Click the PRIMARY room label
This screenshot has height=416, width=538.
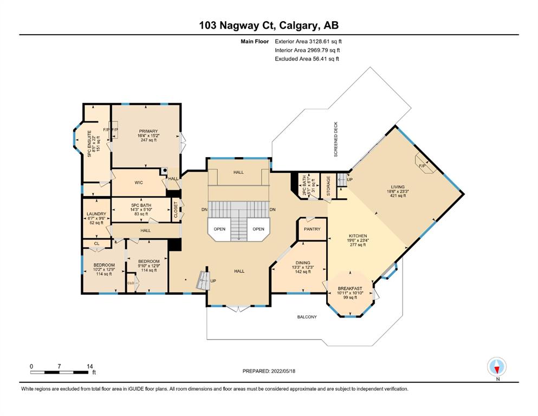148,131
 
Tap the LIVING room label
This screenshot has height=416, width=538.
398,187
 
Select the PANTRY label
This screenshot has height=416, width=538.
312,229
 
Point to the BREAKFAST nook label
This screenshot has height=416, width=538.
350,288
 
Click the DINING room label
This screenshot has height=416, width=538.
303,263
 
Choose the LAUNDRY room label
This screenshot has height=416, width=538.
96,213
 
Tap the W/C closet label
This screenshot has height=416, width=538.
139,183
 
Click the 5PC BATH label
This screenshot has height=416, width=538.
141,205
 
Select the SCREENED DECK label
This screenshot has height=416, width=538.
336,139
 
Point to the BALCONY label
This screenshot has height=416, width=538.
307,317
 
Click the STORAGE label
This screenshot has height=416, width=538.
328,186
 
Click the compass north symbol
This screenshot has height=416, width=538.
497,367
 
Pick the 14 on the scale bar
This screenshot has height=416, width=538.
90,366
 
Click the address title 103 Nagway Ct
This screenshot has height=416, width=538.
238,25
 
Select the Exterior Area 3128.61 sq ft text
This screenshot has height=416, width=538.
308,42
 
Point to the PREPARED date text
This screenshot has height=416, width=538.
269,371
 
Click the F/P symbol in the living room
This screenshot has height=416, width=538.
422,166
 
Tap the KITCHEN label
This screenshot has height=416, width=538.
358,236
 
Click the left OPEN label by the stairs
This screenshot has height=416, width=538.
219,229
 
